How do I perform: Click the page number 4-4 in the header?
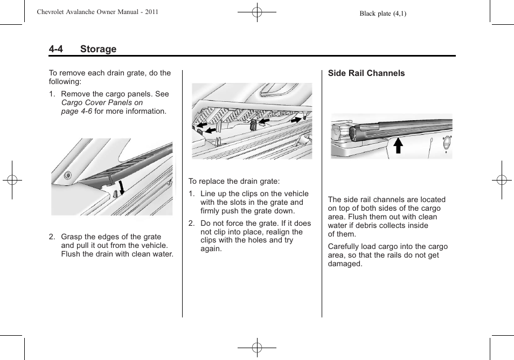click(56, 49)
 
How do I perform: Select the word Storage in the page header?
click(98, 49)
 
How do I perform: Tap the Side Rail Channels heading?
click(366, 73)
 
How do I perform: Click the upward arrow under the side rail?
click(398, 146)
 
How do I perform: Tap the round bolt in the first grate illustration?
click(67, 175)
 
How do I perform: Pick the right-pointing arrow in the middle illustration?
click(297, 119)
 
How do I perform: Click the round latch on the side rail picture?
click(445, 143)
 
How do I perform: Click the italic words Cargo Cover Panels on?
click(102, 102)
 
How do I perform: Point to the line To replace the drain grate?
click(234, 182)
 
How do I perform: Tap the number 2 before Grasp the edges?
click(52, 237)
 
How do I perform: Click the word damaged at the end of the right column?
click(345, 264)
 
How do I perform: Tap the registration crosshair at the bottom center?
click(257, 348)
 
